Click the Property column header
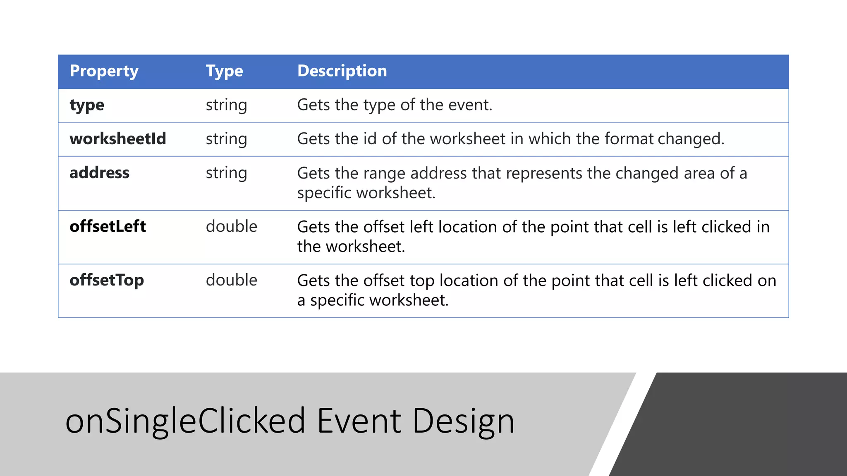[x=104, y=71]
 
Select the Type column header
[x=224, y=71]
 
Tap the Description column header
[x=342, y=71]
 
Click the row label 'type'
[x=87, y=105]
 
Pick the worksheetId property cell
[x=118, y=139]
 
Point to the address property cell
[x=99, y=173]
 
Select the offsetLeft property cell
[x=108, y=226]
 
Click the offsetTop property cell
[x=107, y=280]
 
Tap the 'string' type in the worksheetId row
[x=226, y=139]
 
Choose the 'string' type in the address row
[x=226, y=173]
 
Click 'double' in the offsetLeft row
[x=231, y=226]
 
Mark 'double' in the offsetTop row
[x=231, y=280]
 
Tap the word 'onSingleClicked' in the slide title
[x=185, y=421]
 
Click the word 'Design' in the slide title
[x=463, y=421]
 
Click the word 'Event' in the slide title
[x=359, y=421]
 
